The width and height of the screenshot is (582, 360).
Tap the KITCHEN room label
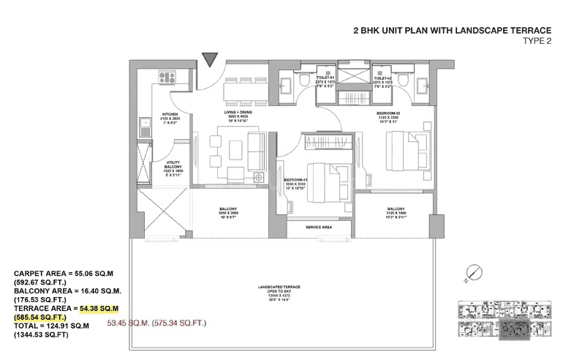pyautogui.click(x=170, y=114)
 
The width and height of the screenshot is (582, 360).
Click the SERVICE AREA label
pyautogui.click(x=319, y=228)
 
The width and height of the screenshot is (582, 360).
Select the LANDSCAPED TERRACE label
pyautogui.click(x=283, y=287)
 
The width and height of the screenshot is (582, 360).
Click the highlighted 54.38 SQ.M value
pyautogui.click(x=100, y=310)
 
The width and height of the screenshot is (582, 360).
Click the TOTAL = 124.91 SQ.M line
pyautogui.click(x=60, y=327)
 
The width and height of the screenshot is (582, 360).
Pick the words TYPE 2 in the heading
pyautogui.click(x=537, y=41)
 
